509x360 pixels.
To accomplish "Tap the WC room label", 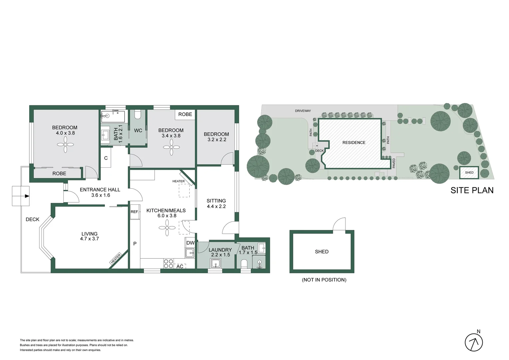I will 138,130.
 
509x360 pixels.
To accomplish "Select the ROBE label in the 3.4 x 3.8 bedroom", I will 185,114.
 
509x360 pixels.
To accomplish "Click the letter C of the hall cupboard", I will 106,158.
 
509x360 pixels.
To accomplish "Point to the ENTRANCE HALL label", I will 100,190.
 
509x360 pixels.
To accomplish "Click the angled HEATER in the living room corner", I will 116,259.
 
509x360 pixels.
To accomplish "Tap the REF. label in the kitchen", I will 135,212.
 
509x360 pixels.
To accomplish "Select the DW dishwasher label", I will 190,243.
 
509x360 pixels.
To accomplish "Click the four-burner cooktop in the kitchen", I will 169,264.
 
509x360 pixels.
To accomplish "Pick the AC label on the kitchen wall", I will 180,266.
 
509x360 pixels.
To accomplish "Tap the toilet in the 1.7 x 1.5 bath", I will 244,264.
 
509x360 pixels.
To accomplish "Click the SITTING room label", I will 216,201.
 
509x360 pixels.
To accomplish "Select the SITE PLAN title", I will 472,190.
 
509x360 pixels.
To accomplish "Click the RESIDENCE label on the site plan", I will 354,142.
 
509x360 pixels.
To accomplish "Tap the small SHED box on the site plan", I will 469,172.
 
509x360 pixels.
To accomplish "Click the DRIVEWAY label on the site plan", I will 303,111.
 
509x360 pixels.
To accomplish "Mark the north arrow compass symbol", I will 474,342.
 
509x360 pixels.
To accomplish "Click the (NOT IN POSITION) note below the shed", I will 324,280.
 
